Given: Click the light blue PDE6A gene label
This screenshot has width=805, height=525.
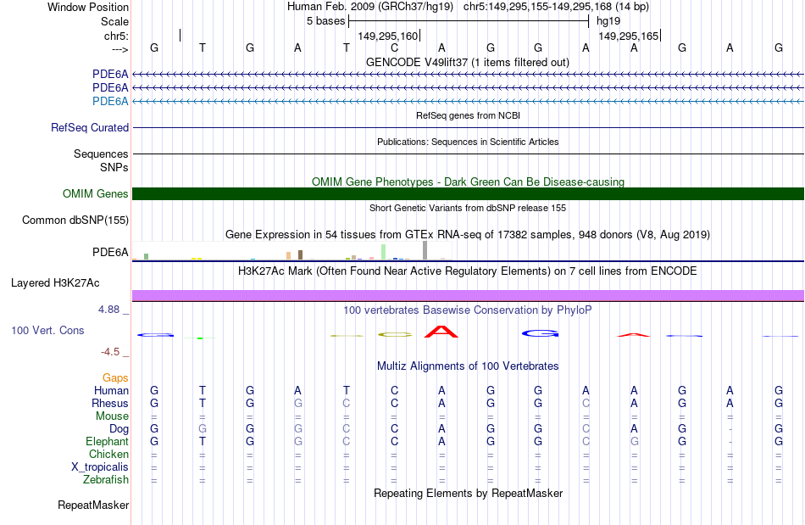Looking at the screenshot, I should coord(110,102).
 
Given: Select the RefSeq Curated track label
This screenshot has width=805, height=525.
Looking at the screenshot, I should coord(90,128).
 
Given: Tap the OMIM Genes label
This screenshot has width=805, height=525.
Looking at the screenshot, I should coord(96,194).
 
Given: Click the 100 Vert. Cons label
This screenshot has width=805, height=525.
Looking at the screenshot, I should coord(47,330).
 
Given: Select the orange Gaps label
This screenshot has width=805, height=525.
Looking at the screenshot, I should coord(115,377).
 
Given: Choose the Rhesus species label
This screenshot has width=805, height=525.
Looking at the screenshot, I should coord(111,404).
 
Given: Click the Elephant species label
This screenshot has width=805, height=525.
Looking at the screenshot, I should coord(107,442).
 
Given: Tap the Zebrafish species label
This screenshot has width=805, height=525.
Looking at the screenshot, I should coord(105,480).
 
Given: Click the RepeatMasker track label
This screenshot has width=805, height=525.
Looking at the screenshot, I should coord(93,505).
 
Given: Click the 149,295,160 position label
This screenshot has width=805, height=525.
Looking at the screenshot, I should coord(388,36).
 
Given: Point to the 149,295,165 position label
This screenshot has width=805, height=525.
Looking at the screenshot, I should coord(628,36).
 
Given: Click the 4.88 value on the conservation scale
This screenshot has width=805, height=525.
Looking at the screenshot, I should coord(110,310).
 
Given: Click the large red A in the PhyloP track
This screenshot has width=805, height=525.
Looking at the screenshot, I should coord(441,331).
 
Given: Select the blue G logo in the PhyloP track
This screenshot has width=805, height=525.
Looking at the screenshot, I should coord(540,333).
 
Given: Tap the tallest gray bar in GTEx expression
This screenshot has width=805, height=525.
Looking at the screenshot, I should coord(425,249).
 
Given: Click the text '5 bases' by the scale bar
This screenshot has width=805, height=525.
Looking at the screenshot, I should coord(325,20).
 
